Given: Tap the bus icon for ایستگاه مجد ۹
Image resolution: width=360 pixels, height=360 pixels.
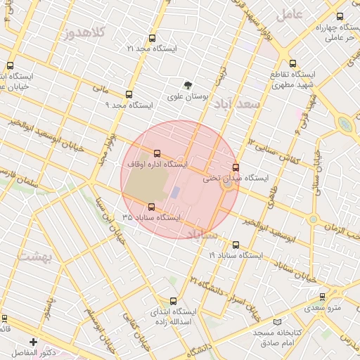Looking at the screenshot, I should [129, 94].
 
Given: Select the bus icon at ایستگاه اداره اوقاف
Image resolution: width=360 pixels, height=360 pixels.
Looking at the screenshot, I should [156, 153].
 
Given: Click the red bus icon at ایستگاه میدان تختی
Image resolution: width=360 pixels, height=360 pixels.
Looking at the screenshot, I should [236, 168].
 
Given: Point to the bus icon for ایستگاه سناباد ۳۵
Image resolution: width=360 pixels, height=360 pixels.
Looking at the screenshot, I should [151, 207].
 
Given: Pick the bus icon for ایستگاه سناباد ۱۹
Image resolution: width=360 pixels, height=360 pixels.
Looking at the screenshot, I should [235, 245].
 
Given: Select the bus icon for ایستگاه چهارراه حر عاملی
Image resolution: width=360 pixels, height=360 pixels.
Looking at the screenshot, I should [340, 17].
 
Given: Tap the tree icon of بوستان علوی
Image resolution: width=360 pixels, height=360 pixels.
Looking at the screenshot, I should [188, 84].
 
